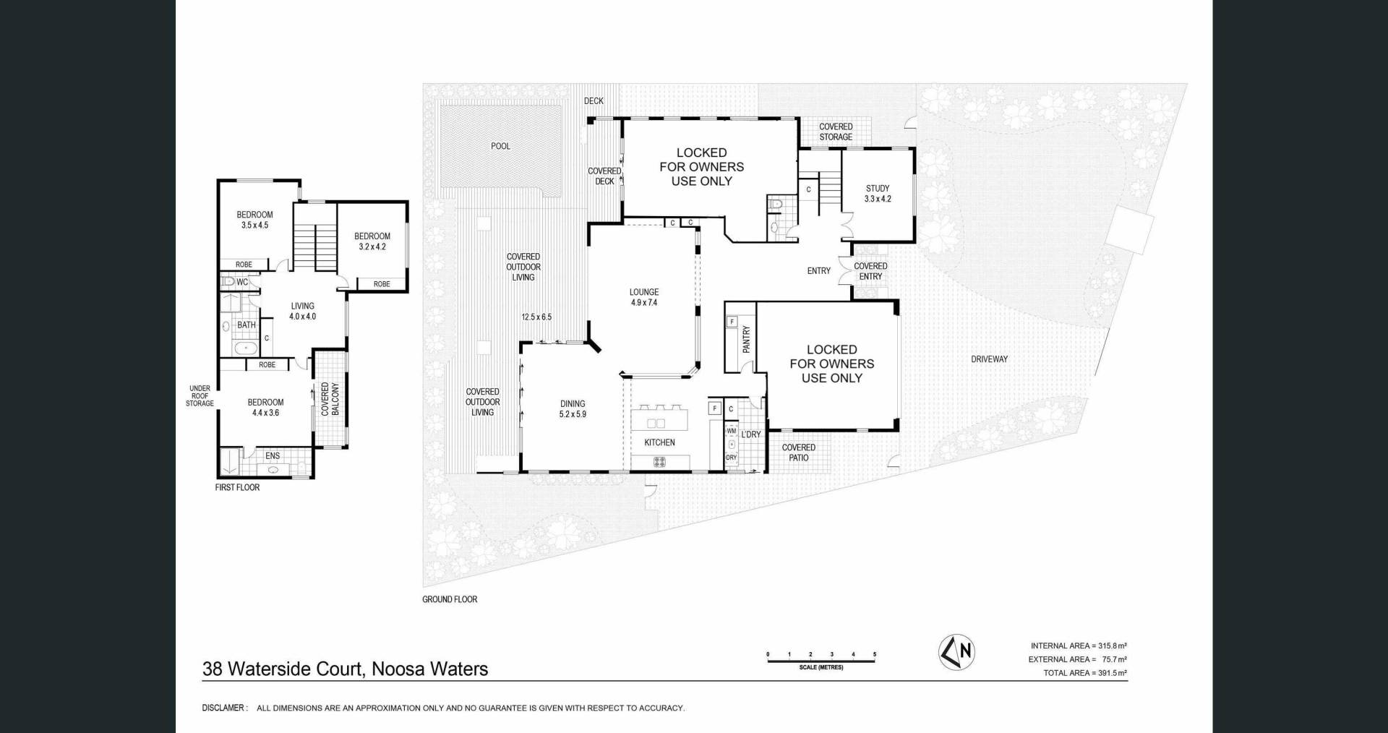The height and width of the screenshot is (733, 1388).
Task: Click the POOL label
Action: (500, 146)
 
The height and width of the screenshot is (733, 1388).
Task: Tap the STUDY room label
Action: (878, 193)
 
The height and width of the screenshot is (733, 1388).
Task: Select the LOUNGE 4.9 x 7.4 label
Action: (643, 297)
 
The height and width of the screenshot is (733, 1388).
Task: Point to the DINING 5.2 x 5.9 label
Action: (573, 409)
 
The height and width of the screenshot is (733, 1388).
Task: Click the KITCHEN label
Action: (659, 442)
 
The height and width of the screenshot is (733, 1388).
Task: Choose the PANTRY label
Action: (746, 339)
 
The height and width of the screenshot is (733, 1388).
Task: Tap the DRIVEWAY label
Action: (989, 359)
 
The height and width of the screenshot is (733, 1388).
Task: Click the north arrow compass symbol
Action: (956, 652)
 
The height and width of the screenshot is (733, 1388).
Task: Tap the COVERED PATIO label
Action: (798, 453)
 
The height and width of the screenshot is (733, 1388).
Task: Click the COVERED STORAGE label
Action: (836, 132)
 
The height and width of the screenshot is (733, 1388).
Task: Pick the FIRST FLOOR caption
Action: (237, 487)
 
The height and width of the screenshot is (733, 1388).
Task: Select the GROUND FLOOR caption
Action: (450, 599)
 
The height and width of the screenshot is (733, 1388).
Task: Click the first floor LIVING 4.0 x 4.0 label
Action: (303, 311)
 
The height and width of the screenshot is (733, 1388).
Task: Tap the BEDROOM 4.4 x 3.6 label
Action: (265, 408)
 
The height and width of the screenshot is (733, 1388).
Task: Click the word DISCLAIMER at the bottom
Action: (225, 708)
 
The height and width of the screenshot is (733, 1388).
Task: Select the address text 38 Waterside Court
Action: (282, 669)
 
